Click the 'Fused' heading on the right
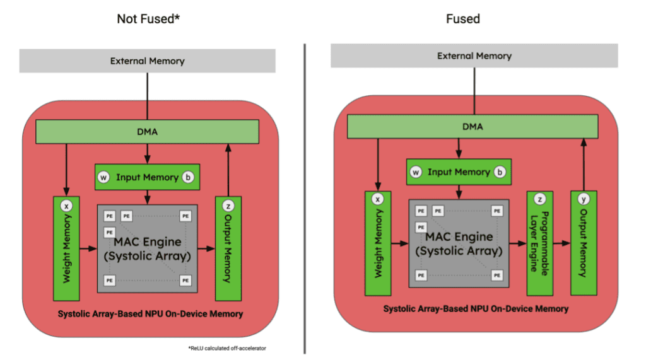(463, 19)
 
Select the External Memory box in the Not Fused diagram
(147, 61)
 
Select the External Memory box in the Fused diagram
(474, 56)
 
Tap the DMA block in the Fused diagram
(472, 127)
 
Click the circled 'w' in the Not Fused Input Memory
(103, 178)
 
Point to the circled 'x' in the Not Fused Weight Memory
(65, 205)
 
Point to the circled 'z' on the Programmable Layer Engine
(539, 199)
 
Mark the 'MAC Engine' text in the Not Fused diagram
(147, 241)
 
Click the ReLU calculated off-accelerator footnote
(227, 348)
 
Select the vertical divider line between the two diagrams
(305, 195)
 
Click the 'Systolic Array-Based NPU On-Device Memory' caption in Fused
(476, 309)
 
